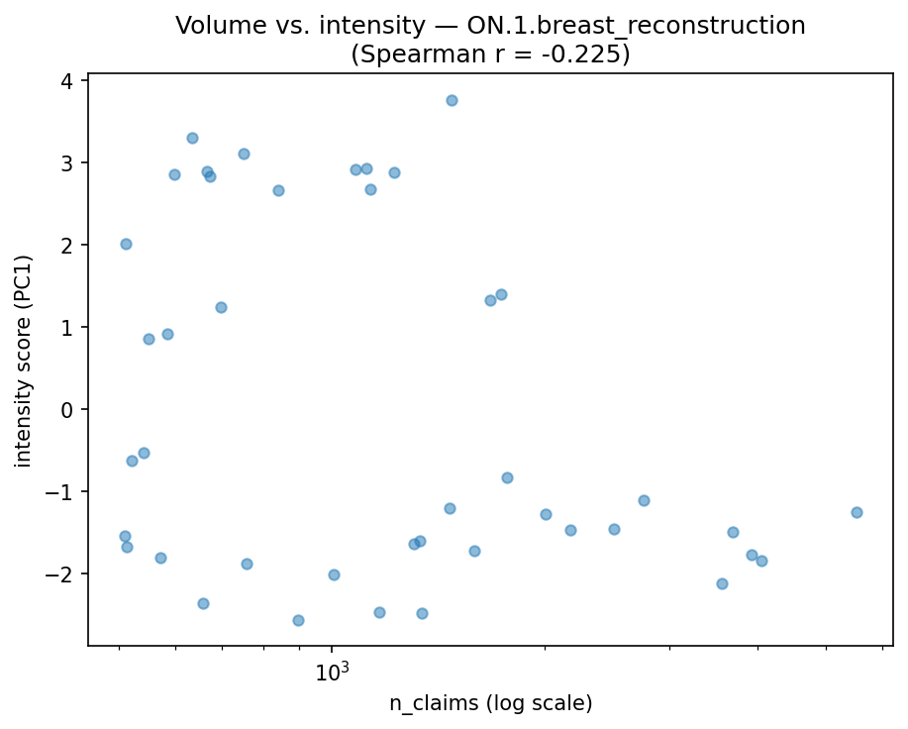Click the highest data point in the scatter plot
(x=452, y=100)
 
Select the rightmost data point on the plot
(x=857, y=512)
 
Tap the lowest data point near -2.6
(x=298, y=620)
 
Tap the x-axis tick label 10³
(x=333, y=673)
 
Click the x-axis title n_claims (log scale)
(x=490, y=704)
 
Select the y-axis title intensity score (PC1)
(x=23, y=361)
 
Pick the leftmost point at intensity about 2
(x=126, y=244)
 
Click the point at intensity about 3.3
(x=192, y=138)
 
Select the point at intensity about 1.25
(x=221, y=307)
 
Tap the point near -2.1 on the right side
(x=722, y=583)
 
